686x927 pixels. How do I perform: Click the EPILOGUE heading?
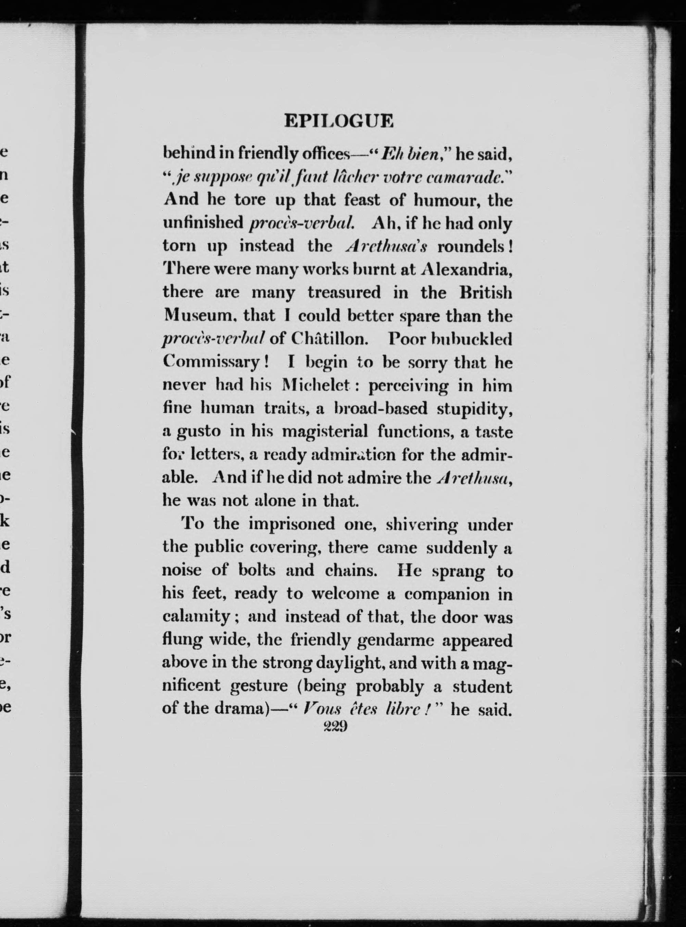pyautogui.click(x=338, y=121)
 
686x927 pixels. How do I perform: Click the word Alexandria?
pyautogui.click(x=466, y=270)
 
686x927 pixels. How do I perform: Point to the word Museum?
pyautogui.click(x=194, y=316)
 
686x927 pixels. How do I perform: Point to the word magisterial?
pyautogui.click(x=325, y=432)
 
